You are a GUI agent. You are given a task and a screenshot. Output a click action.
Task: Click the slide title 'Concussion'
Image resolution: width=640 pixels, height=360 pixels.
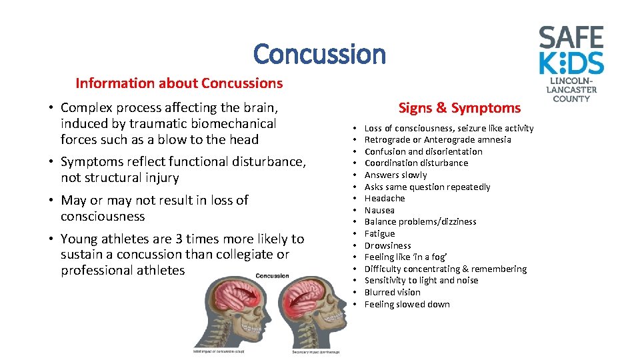click(x=319, y=54)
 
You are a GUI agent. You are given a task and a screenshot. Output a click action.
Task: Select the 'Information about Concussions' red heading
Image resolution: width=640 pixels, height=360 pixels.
click(x=179, y=83)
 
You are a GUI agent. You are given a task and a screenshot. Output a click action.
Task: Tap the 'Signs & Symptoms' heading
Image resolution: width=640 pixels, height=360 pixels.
click(x=459, y=107)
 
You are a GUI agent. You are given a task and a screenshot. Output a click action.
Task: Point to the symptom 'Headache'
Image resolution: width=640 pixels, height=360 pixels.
click(x=385, y=199)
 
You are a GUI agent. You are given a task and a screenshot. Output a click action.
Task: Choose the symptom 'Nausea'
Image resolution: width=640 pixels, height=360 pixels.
click(x=379, y=210)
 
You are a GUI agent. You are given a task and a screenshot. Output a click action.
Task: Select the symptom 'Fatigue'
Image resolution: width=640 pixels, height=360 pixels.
click(x=379, y=233)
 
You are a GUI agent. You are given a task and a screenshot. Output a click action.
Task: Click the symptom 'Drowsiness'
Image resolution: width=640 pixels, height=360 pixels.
click(x=388, y=245)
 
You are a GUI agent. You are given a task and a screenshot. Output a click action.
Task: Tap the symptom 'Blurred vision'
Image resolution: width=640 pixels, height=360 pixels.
click(x=392, y=292)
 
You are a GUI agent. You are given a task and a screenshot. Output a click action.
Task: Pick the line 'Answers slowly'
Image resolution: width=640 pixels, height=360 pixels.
click(x=395, y=175)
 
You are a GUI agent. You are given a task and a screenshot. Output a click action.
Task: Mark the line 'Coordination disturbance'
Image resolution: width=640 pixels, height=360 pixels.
click(x=416, y=163)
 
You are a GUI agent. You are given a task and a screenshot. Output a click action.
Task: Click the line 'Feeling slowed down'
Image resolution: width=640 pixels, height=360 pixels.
click(x=407, y=304)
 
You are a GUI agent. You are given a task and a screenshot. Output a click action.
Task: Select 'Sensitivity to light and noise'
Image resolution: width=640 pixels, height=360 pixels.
click(x=421, y=281)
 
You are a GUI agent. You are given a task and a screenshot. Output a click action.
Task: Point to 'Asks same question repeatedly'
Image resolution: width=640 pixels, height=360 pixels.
click(x=427, y=187)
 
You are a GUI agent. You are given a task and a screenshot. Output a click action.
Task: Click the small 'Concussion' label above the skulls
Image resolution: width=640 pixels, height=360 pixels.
click(x=272, y=275)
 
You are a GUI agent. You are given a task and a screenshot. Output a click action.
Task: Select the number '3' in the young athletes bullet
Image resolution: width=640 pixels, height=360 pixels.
click(x=177, y=239)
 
